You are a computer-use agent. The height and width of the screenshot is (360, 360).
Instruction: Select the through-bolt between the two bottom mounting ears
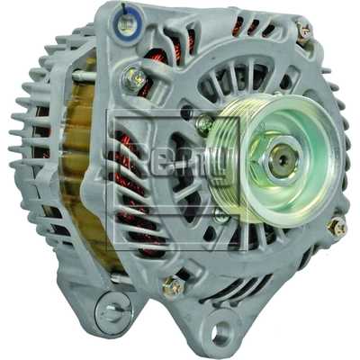point(172,287)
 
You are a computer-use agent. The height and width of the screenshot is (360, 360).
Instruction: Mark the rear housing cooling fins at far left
point(40,171)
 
